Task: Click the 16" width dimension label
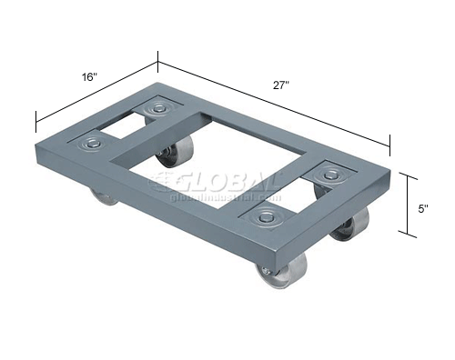[88, 77]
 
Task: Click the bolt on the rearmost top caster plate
[161, 110]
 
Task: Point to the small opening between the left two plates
[125, 126]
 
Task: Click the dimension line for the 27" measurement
[273, 100]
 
